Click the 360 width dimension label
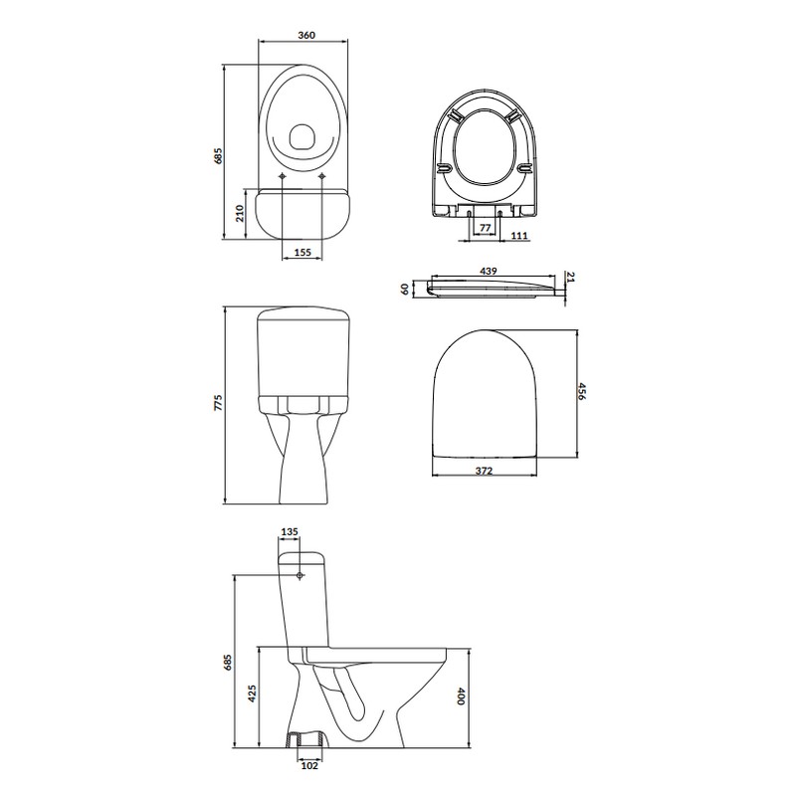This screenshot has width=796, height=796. point(306,35)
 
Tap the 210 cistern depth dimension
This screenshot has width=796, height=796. point(240,213)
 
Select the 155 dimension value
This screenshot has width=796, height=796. point(302,253)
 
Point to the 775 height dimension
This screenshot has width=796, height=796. point(218,403)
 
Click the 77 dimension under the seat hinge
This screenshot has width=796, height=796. point(485,228)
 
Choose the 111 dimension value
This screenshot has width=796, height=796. point(519,236)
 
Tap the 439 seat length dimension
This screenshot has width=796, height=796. point(489,271)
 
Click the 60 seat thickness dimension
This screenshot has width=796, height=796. point(405,290)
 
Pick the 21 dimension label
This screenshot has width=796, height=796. point(570,278)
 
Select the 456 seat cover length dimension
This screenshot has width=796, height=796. point(582,391)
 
